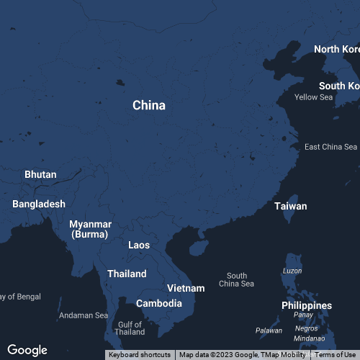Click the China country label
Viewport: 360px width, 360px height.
click(x=149, y=105)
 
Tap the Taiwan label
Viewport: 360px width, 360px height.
click(x=290, y=206)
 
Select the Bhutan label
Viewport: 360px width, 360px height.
click(x=40, y=174)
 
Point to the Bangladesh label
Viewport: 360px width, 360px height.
click(x=39, y=204)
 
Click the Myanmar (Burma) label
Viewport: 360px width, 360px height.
click(x=90, y=229)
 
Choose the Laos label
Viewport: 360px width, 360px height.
click(x=139, y=245)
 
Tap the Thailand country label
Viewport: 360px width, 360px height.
click(x=127, y=274)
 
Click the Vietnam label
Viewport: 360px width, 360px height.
click(x=186, y=288)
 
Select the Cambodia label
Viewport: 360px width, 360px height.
click(x=158, y=303)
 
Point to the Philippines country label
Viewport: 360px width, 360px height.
click(x=307, y=305)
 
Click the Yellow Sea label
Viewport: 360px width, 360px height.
click(x=314, y=97)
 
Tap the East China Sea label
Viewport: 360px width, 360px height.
click(x=330, y=147)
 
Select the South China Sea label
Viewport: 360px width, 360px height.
click(x=237, y=279)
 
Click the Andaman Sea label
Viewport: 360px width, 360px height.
click(x=84, y=315)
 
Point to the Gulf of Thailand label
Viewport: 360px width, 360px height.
click(x=130, y=328)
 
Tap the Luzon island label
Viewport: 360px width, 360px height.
click(x=292, y=271)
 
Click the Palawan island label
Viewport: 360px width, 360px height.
click(x=269, y=330)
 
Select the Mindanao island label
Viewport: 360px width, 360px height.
click(x=310, y=338)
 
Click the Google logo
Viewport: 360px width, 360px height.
click(x=27, y=350)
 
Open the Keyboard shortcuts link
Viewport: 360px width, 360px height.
click(x=140, y=355)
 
